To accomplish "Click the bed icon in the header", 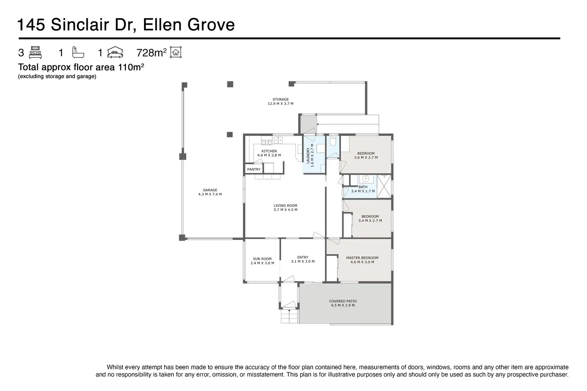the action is [35, 52].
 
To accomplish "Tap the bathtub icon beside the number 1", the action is [78, 52].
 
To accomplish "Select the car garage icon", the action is [115, 52].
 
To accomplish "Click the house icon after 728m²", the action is [176, 52].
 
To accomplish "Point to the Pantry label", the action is [254, 169].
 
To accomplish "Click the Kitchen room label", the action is [269, 153].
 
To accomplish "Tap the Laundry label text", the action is [310, 155].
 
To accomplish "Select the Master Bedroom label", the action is [362, 260].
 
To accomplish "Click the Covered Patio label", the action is [343, 303].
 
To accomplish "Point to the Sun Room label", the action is [262, 261].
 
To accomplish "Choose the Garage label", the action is [210, 192].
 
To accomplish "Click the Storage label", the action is [280, 101].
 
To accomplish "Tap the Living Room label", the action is [286, 208].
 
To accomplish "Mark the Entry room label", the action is [303, 259].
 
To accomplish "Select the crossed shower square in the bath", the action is [384, 187].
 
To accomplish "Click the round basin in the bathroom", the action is [366, 179].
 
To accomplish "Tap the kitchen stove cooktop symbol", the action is [266, 142].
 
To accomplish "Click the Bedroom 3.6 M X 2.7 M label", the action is [366, 155].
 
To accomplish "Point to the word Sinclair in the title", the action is [80, 25].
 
